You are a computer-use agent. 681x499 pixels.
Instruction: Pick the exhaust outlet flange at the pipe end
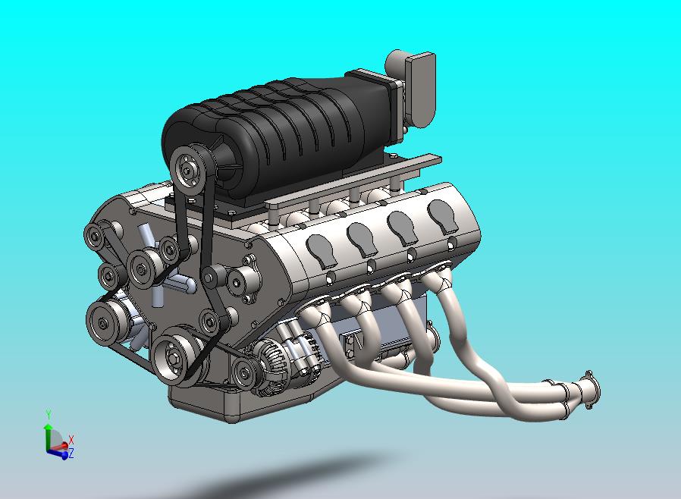tap(588, 388)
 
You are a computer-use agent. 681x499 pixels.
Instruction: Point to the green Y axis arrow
tap(48, 430)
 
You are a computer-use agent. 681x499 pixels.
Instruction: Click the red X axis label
tap(71, 440)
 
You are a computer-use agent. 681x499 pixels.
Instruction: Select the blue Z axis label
tap(71, 453)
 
